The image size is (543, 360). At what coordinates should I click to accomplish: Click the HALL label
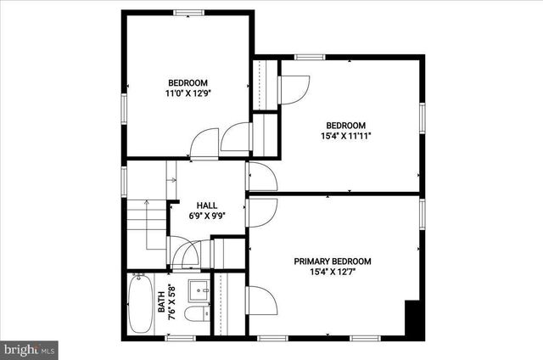tap(206, 205)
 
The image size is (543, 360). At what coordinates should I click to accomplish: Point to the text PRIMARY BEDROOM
tap(333, 262)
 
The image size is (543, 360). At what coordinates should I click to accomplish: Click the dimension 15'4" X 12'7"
tap(333, 272)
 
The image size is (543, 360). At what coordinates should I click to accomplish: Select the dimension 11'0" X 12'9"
tap(188, 93)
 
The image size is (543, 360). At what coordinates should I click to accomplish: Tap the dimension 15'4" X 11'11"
tap(345, 135)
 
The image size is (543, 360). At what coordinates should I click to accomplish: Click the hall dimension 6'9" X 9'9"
tap(206, 216)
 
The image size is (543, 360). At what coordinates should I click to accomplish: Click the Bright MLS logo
tap(29, 348)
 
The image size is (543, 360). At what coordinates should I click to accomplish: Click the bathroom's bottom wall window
tap(180, 338)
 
